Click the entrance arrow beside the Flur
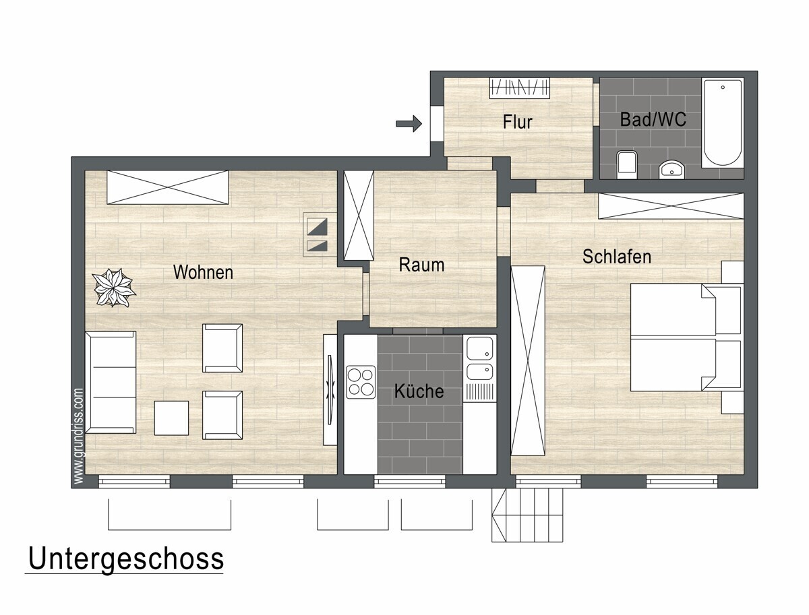pyautogui.click(x=409, y=123)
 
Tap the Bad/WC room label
pyautogui.click(x=653, y=119)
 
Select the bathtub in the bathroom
pyautogui.click(x=723, y=123)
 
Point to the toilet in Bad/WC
pyautogui.click(x=627, y=164)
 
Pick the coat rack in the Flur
pyautogui.click(x=520, y=88)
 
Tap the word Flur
pyautogui.click(x=518, y=122)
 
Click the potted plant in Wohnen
pyautogui.click(x=113, y=288)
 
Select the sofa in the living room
pyautogui.click(x=110, y=382)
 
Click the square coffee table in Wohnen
pyautogui.click(x=171, y=418)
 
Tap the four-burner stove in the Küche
pyautogui.click(x=361, y=382)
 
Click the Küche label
pyautogui.click(x=419, y=391)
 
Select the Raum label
pyautogui.click(x=421, y=265)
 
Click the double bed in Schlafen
pyautogui.click(x=686, y=337)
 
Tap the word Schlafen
pyautogui.click(x=617, y=257)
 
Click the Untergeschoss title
pyautogui.click(x=125, y=559)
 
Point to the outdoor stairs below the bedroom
pyautogui.click(x=527, y=515)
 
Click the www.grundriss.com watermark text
pyautogui.click(x=78, y=436)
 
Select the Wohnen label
pyautogui.click(x=203, y=273)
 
